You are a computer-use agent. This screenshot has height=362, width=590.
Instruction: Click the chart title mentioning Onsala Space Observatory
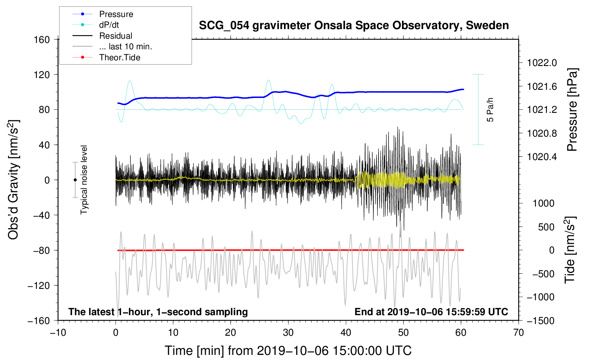point(354,26)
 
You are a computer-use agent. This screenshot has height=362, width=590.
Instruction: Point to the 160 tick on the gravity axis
point(42,39)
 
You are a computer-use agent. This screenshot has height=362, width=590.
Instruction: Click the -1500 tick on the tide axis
point(541,320)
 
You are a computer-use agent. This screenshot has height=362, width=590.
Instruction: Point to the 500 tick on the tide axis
point(546,227)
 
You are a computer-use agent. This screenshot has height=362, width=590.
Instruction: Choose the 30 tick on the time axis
point(288,333)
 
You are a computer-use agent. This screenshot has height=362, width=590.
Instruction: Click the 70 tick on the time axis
point(519,333)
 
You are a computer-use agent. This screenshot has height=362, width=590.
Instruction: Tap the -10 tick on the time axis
point(58,333)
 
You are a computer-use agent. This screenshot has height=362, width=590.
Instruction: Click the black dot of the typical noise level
point(75,180)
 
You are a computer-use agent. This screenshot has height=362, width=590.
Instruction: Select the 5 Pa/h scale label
point(490,110)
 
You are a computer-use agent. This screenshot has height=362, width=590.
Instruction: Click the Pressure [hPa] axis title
point(572,110)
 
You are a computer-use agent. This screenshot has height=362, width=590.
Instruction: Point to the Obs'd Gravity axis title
point(14,180)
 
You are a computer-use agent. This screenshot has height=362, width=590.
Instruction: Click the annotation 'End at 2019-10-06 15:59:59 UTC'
point(431,312)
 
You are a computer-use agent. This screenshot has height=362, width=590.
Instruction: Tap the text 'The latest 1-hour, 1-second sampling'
point(158,312)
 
